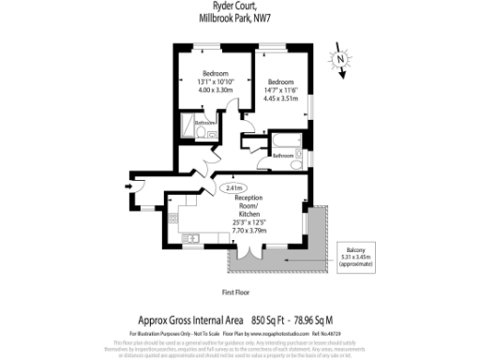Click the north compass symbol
point(342,58)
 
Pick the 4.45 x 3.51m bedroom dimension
point(281,97)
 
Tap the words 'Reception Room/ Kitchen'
point(250,206)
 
